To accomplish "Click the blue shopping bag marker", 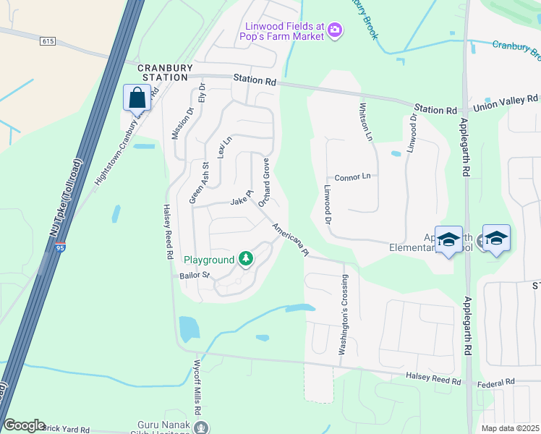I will tap(137, 97).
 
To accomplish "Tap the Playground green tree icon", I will tap(246, 258).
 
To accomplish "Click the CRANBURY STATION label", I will tap(166, 72).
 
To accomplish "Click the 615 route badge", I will tap(48, 41).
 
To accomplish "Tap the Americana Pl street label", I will tap(291, 239).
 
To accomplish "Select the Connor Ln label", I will tap(352, 177).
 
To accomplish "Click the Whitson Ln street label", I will tap(367, 122).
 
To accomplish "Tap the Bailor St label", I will tap(195, 276).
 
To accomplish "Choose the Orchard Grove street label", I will tap(265, 183).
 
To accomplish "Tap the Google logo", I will tap(25, 425).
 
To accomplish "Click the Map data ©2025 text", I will tap(510, 428).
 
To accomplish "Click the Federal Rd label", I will tap(499, 381).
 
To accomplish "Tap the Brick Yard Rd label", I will tap(66, 430).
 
